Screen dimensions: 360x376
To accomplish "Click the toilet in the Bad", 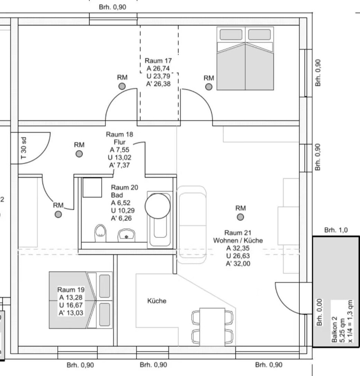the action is point(100,233).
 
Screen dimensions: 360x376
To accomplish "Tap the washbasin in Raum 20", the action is point(126,235).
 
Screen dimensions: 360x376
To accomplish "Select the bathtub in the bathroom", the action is point(160,220).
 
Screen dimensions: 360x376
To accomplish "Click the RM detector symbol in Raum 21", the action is point(240,217).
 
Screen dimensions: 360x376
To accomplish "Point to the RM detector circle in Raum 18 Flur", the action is point(79,154).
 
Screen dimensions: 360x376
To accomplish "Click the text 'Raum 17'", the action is point(158,61).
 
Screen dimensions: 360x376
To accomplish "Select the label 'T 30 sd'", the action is point(23,148).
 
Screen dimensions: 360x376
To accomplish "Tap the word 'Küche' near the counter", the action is point(156,301).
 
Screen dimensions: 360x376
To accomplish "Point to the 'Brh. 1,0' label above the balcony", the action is point(336,230).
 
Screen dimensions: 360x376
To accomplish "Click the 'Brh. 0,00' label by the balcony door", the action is point(319,312).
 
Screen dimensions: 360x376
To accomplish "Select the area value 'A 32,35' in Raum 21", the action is point(238,248).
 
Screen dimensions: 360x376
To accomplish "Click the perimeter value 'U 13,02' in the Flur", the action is point(120,157).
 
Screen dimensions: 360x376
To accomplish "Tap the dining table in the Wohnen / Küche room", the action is point(212,327).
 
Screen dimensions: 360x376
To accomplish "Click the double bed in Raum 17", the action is point(245,59).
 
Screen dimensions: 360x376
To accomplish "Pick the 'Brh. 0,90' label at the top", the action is point(112,7).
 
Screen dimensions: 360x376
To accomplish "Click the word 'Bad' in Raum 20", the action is point(117,195).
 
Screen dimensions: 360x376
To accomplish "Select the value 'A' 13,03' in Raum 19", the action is point(71,313).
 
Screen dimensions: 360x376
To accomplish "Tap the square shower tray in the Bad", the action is point(92,188).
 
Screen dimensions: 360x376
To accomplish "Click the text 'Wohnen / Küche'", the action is point(238,240).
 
